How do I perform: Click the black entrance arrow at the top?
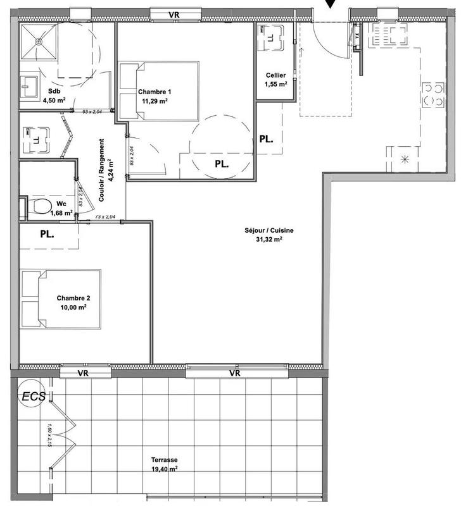[x=331, y=4]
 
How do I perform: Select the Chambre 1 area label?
[x=154, y=96]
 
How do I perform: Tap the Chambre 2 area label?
[x=71, y=302]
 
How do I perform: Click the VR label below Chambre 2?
[x=82, y=374]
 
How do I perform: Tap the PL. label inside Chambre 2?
[x=47, y=233]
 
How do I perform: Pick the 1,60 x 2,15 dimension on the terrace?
[x=48, y=436]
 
